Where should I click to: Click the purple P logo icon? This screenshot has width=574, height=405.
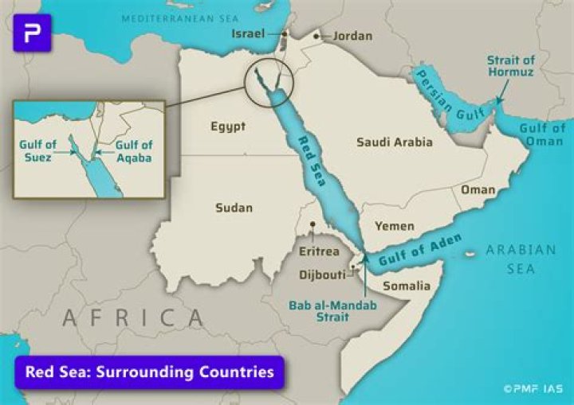tap(32, 33)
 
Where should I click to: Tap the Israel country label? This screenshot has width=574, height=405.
tap(248, 34)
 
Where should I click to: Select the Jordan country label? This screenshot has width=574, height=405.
tap(352, 36)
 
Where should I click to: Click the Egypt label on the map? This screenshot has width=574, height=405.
tap(228, 127)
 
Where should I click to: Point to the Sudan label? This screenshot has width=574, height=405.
tap(234, 208)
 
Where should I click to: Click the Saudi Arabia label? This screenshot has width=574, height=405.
tap(395, 142)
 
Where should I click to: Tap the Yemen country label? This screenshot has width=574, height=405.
tap(395, 226)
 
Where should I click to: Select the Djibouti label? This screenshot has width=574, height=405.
tap(322, 275)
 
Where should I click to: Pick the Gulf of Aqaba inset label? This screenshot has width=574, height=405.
tap(134, 151)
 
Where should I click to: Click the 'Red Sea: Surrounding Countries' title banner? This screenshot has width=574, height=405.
tap(150, 372)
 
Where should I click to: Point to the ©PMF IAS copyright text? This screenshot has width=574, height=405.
tap(533, 389)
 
